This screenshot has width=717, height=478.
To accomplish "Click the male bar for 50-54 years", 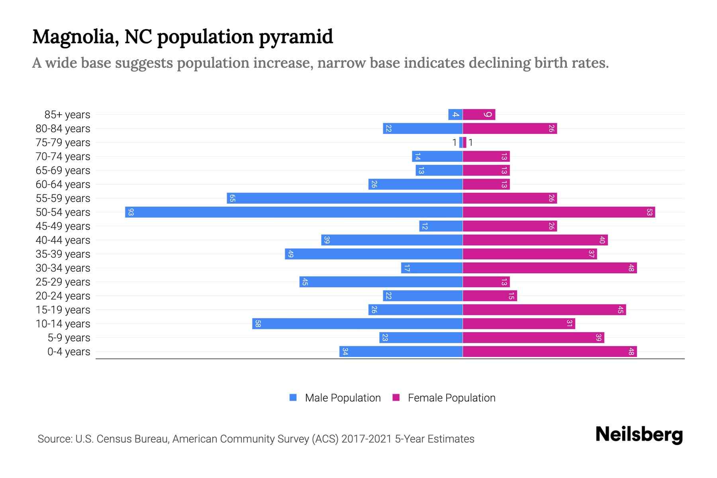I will click(x=294, y=212).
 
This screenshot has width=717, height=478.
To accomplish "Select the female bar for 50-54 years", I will click(x=558, y=212).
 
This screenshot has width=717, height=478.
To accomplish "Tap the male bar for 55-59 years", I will click(x=345, y=198).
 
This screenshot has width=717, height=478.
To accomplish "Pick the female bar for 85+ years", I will click(x=479, y=115).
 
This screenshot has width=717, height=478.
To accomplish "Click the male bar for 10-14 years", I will click(x=357, y=324).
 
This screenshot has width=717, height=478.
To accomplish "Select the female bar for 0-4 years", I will click(x=550, y=352).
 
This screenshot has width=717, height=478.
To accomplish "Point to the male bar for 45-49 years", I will click(x=441, y=226).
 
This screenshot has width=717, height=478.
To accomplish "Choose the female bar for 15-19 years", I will click(x=544, y=310).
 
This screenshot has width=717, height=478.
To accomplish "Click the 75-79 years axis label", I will click(x=63, y=143).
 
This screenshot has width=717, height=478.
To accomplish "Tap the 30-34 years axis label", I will click(x=63, y=268).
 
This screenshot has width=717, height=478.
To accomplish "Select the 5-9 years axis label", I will click(x=69, y=338).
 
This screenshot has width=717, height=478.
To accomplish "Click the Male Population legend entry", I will click(x=335, y=398).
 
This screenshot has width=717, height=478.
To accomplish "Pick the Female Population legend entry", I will click(x=444, y=398).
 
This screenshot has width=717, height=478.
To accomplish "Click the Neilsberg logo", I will click(x=639, y=435).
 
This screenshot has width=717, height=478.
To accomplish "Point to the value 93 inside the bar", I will click(x=131, y=212).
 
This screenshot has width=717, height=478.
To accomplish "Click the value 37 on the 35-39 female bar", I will click(x=591, y=254).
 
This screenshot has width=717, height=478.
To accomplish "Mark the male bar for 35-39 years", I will click(x=374, y=254).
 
